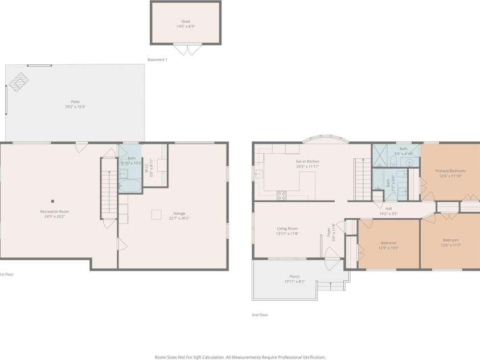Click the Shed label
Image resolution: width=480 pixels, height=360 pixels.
(185, 23)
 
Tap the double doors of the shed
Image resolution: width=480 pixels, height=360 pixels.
(187, 50)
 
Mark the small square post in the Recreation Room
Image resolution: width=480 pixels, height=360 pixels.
(52, 201)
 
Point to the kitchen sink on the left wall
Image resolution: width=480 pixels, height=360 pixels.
(259, 174)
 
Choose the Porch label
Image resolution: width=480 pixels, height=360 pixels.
(294, 278)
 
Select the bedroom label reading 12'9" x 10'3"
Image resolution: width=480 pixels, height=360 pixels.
(388, 247)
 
